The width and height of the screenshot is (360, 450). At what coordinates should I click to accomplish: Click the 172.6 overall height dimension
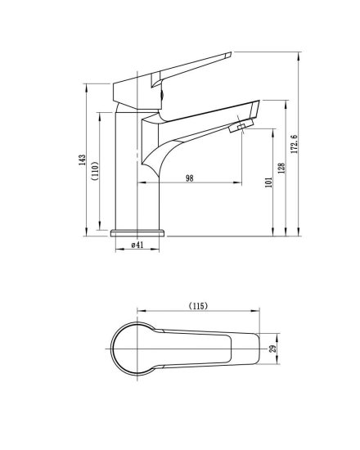295,144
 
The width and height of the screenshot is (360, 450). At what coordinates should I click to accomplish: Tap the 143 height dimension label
82,160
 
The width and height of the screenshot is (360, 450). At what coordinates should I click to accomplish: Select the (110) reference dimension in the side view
95,171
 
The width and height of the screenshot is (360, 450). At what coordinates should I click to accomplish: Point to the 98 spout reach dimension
190,178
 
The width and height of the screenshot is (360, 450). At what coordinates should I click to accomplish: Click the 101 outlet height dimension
268,182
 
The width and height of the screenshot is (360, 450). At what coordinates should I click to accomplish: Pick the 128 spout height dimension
281,169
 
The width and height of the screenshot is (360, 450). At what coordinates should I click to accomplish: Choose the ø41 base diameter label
137,245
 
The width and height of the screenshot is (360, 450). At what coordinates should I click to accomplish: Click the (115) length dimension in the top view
198,306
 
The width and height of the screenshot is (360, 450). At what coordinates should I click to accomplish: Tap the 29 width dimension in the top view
272,349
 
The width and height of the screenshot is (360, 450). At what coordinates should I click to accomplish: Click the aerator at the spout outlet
241,127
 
